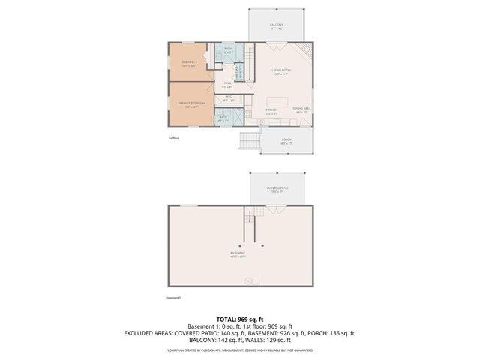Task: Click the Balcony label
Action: click(x=277, y=25)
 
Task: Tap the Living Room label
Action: click(x=282, y=70)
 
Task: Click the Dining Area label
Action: click(x=302, y=110)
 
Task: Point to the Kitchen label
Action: click(x=271, y=110)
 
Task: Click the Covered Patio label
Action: click(x=277, y=189)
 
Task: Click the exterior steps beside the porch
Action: click(x=249, y=141)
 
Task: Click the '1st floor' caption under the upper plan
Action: click(x=174, y=138)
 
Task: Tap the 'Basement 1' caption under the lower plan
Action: click(x=175, y=298)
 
